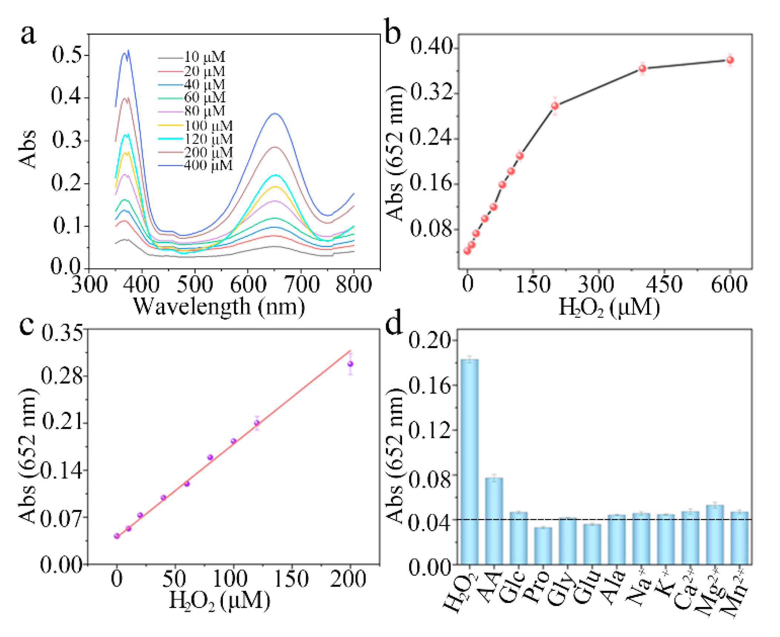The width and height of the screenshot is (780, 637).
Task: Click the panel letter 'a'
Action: point(28,35)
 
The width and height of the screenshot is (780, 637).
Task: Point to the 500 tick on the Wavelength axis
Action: point(195,285)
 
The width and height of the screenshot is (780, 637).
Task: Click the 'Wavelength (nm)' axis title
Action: point(219,307)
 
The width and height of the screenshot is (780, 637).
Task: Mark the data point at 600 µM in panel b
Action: point(730,60)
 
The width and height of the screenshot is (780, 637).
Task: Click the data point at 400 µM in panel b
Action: point(642,68)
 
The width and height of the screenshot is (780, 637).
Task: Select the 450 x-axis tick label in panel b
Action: point(664,285)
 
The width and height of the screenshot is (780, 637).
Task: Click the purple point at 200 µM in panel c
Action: point(350,364)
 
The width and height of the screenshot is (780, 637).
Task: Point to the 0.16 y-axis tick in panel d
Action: point(430,386)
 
